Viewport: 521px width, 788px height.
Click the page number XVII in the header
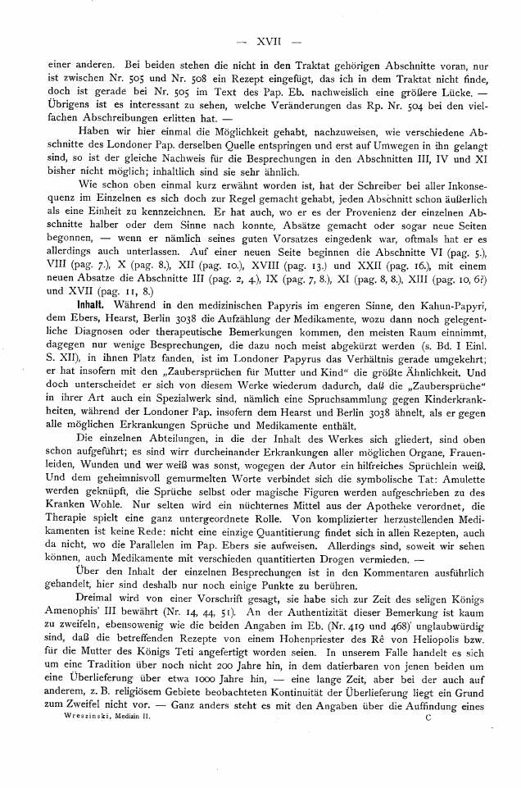(268, 39)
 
